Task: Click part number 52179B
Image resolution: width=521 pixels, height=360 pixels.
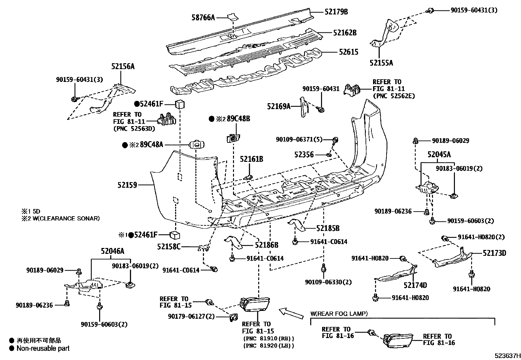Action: pyautogui.click(x=336, y=12)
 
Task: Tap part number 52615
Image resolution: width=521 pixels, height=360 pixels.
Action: pyautogui.click(x=349, y=52)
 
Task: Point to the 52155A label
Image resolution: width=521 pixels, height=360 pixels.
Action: pyautogui.click(x=381, y=63)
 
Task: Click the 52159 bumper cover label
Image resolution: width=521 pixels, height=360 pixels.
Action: pyautogui.click(x=127, y=185)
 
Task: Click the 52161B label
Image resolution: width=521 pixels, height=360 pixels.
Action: pyautogui.click(x=251, y=160)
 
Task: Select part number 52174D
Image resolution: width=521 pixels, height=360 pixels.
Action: pyautogui.click(x=415, y=285)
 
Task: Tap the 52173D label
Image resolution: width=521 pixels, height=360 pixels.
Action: pyautogui.click(x=494, y=253)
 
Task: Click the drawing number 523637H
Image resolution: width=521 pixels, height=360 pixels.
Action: pyautogui.click(x=507, y=355)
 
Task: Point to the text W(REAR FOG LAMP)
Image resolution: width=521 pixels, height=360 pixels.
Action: pyautogui.click(x=339, y=314)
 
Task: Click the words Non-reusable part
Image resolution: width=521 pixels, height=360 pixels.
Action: pyautogui.click(x=43, y=349)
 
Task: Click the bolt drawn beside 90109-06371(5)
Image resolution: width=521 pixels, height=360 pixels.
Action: pyautogui.click(x=335, y=141)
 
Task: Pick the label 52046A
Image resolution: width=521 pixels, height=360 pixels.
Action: pyautogui.click(x=113, y=251)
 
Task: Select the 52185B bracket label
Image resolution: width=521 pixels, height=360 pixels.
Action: pyautogui.click(x=328, y=228)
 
